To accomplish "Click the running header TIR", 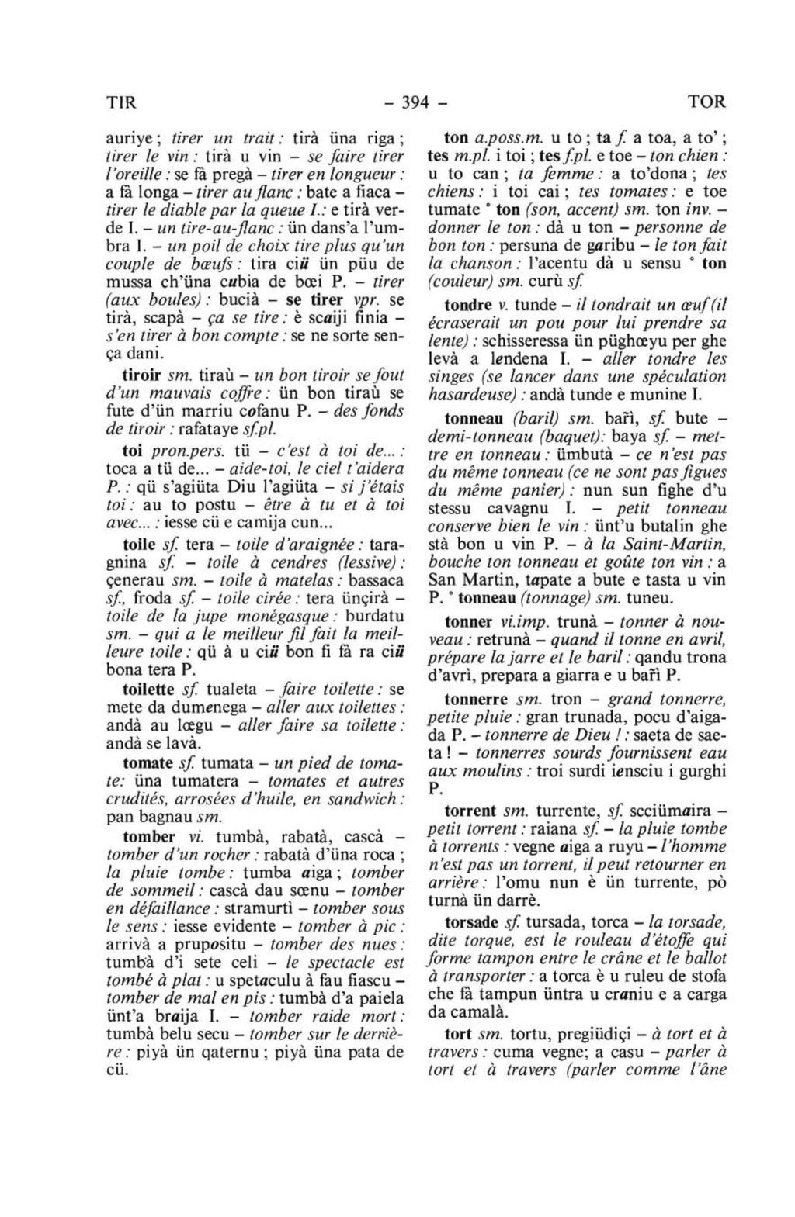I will [x=120, y=102].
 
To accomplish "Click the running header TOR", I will [x=707, y=102].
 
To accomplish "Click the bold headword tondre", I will [x=468, y=305].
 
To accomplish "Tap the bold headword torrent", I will [x=470, y=811].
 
